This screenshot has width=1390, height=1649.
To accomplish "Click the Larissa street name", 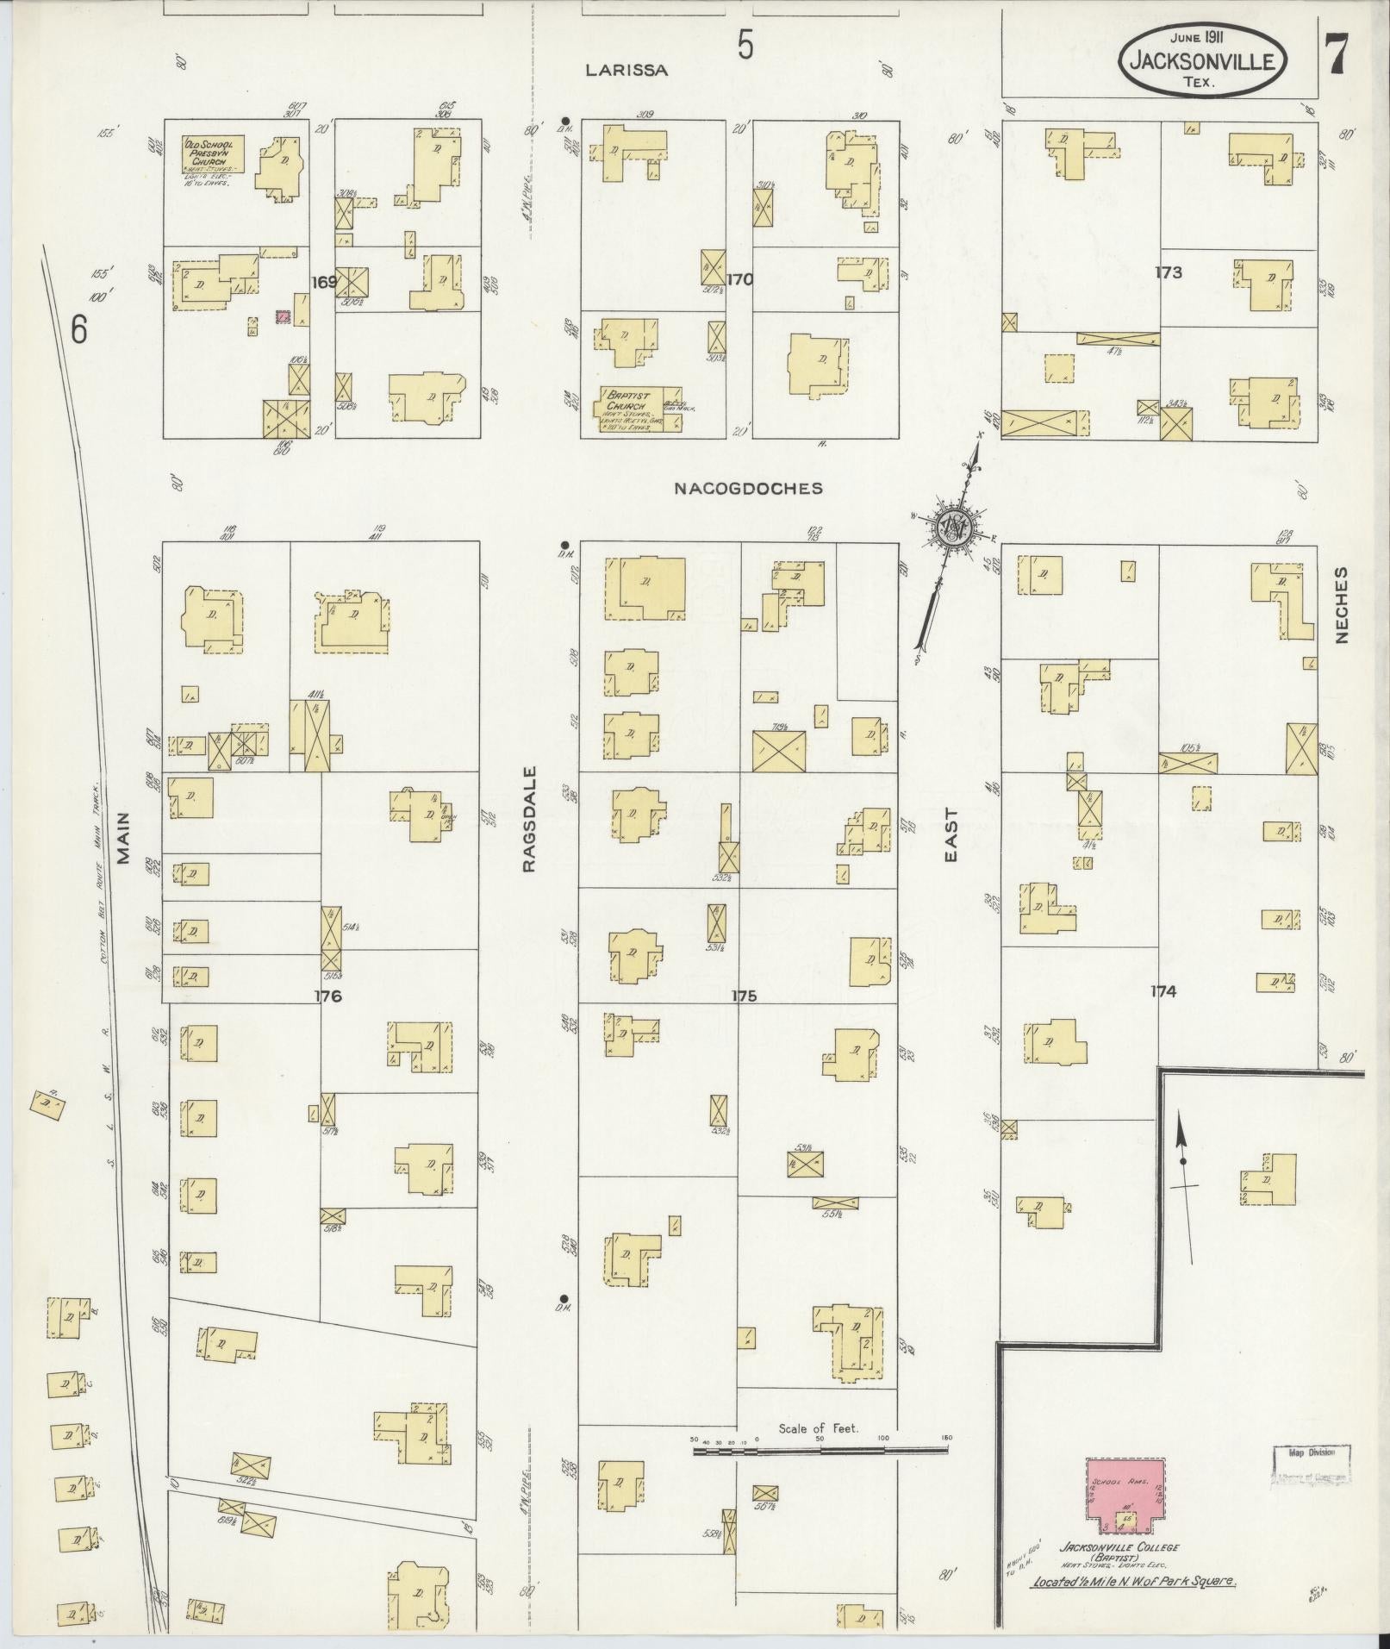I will click(626, 71).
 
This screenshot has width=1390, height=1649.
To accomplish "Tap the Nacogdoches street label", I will click(748, 489).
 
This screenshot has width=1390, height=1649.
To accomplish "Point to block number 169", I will click(324, 280).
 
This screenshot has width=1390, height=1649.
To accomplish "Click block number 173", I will click(1169, 272).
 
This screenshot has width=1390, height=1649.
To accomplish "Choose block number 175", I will click(744, 996).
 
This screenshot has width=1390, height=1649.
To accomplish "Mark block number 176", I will click(328, 996).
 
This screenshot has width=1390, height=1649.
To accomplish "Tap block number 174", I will click(1162, 991).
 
